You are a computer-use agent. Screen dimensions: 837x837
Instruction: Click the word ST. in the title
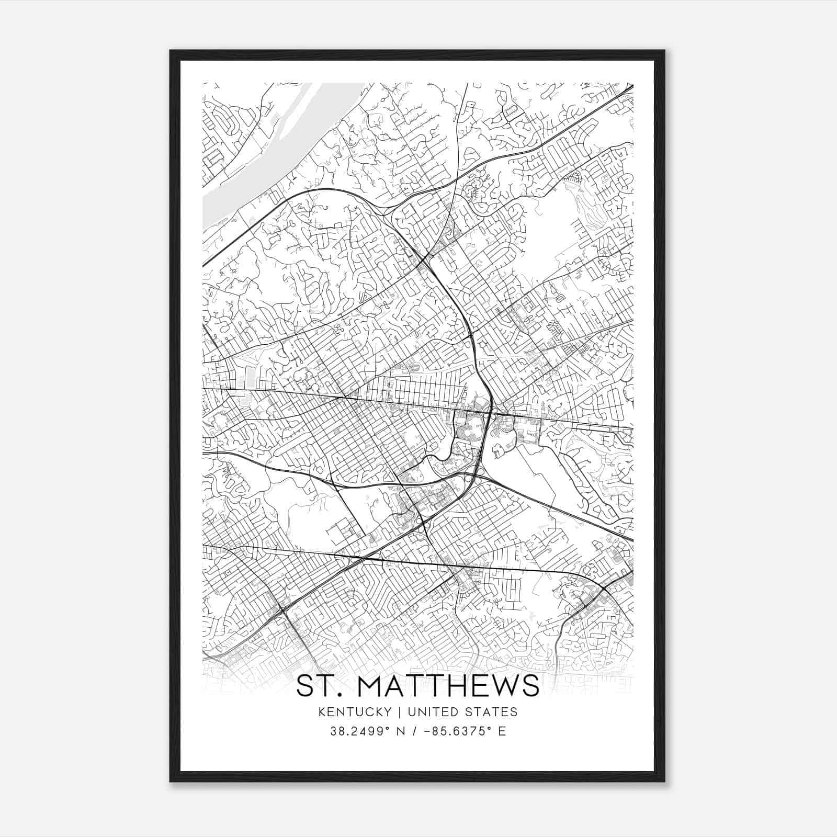314,686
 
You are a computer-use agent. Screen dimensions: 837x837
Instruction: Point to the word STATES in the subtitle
491,711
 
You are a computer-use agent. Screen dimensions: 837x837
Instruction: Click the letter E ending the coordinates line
502,731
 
